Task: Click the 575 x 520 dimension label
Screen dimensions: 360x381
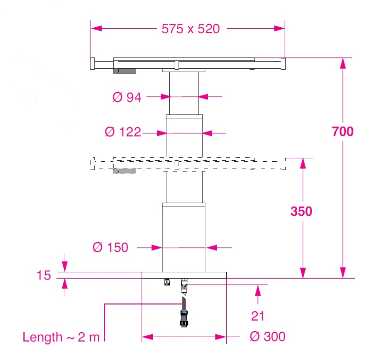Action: tap(190, 29)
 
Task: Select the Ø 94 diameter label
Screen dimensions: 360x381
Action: tap(127, 97)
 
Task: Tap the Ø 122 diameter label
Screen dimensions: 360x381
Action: tap(123, 132)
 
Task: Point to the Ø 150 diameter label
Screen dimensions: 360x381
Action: tap(111, 247)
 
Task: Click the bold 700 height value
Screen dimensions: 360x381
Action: tap(343, 132)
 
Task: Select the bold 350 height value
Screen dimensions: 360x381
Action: tap(301, 211)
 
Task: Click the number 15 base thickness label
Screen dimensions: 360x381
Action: tap(43, 275)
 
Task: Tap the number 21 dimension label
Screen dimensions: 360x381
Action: tap(258, 316)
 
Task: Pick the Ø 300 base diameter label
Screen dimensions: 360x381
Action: tap(267, 337)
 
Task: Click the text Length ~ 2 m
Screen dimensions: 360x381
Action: tap(61, 337)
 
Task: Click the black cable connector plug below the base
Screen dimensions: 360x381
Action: tap(184, 318)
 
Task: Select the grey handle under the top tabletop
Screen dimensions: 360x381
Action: tap(125, 71)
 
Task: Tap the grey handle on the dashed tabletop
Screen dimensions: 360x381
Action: tap(125, 171)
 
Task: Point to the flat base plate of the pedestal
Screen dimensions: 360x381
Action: tap(184, 275)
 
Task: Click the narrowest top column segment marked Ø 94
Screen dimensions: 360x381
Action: tap(184, 93)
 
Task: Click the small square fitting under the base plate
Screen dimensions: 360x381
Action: tap(167, 282)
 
